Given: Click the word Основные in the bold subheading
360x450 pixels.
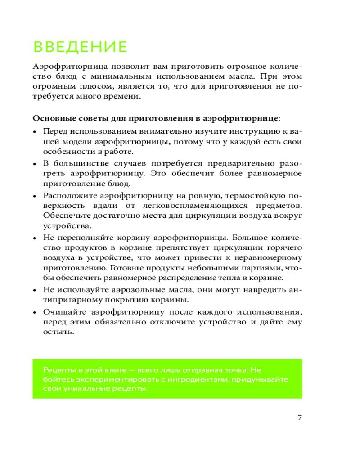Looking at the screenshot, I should coord(50,119).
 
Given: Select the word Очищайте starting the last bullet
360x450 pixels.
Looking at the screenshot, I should coord(63,312).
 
